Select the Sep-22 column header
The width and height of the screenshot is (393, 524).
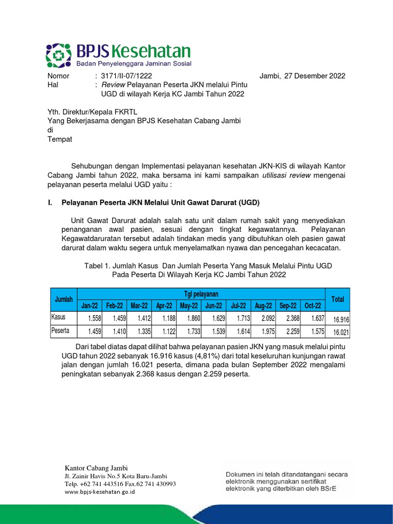[x=288, y=305]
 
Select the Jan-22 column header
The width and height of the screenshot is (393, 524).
[x=90, y=305]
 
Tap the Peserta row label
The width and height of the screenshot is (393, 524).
[x=60, y=331]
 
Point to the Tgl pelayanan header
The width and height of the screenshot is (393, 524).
[x=201, y=294]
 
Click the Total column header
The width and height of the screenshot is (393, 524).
[x=338, y=299]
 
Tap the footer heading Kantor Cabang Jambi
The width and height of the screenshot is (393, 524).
[x=96, y=468]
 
